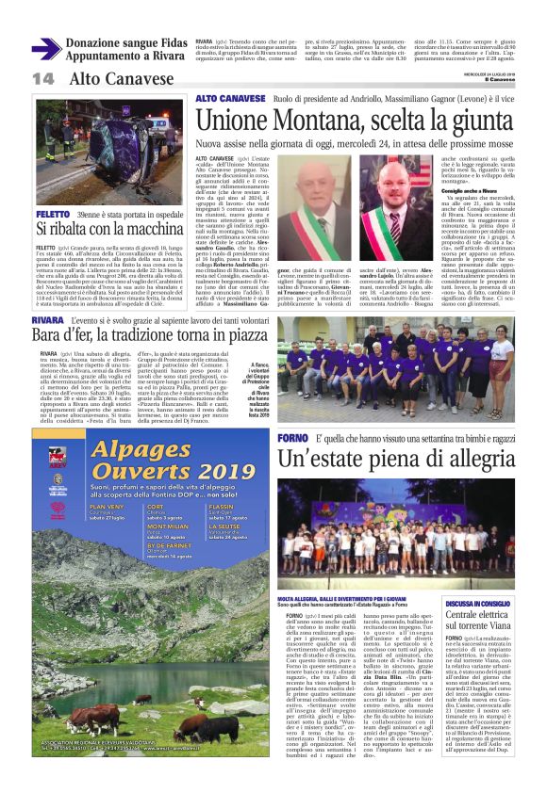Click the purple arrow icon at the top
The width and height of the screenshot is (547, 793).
46,49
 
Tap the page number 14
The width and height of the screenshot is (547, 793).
43,79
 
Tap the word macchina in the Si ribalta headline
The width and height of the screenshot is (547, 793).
151,229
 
